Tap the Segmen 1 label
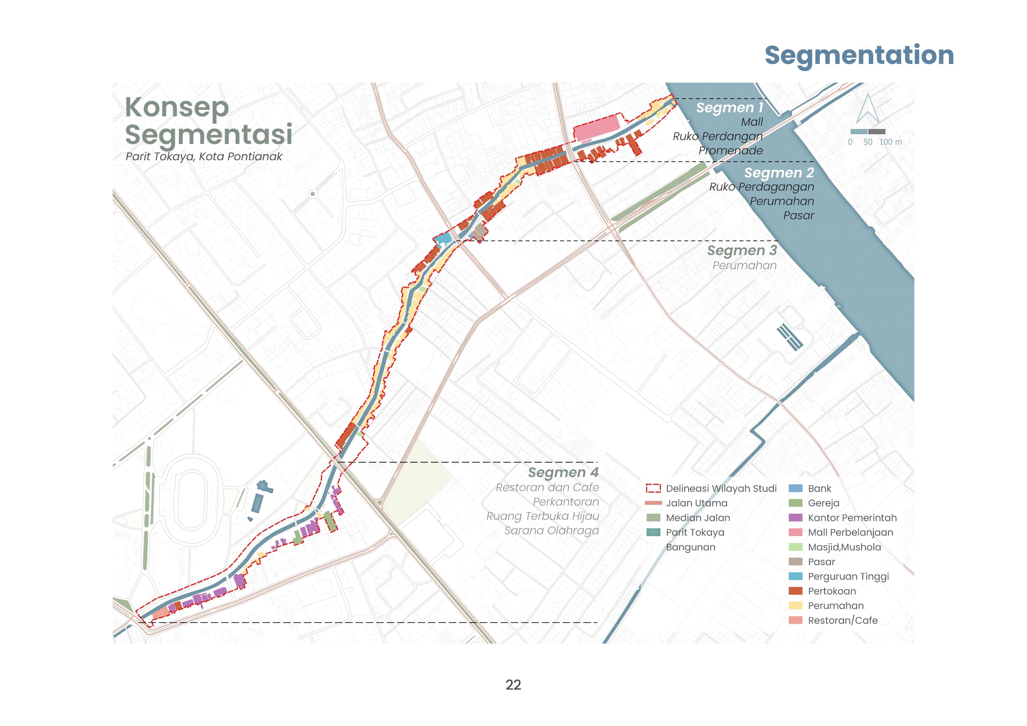click(x=730, y=108)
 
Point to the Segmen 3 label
click(x=742, y=251)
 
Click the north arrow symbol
click(x=868, y=109)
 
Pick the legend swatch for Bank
click(x=795, y=489)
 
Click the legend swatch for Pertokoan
click(x=795, y=591)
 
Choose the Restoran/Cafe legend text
click(x=843, y=620)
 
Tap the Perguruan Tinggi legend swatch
click(x=795, y=576)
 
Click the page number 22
click(x=513, y=685)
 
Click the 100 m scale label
click(x=890, y=142)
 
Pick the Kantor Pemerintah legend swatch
click(x=795, y=518)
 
